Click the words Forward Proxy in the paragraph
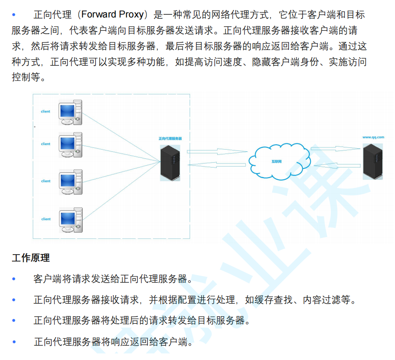point(112,15)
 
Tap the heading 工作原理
point(31,258)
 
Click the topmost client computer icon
point(70,112)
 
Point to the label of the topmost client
point(45,112)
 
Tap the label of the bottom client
point(46,219)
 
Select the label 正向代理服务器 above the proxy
point(170,138)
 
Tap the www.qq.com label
point(373,137)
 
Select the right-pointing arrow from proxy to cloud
point(217,152)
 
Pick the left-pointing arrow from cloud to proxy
point(217,165)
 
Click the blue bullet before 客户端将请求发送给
point(14,279)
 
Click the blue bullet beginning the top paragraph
point(14,15)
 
